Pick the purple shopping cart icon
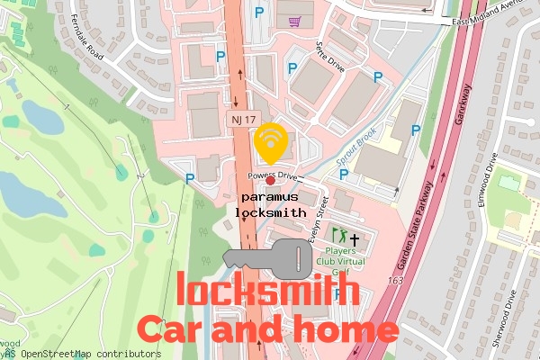pos(294,19)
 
